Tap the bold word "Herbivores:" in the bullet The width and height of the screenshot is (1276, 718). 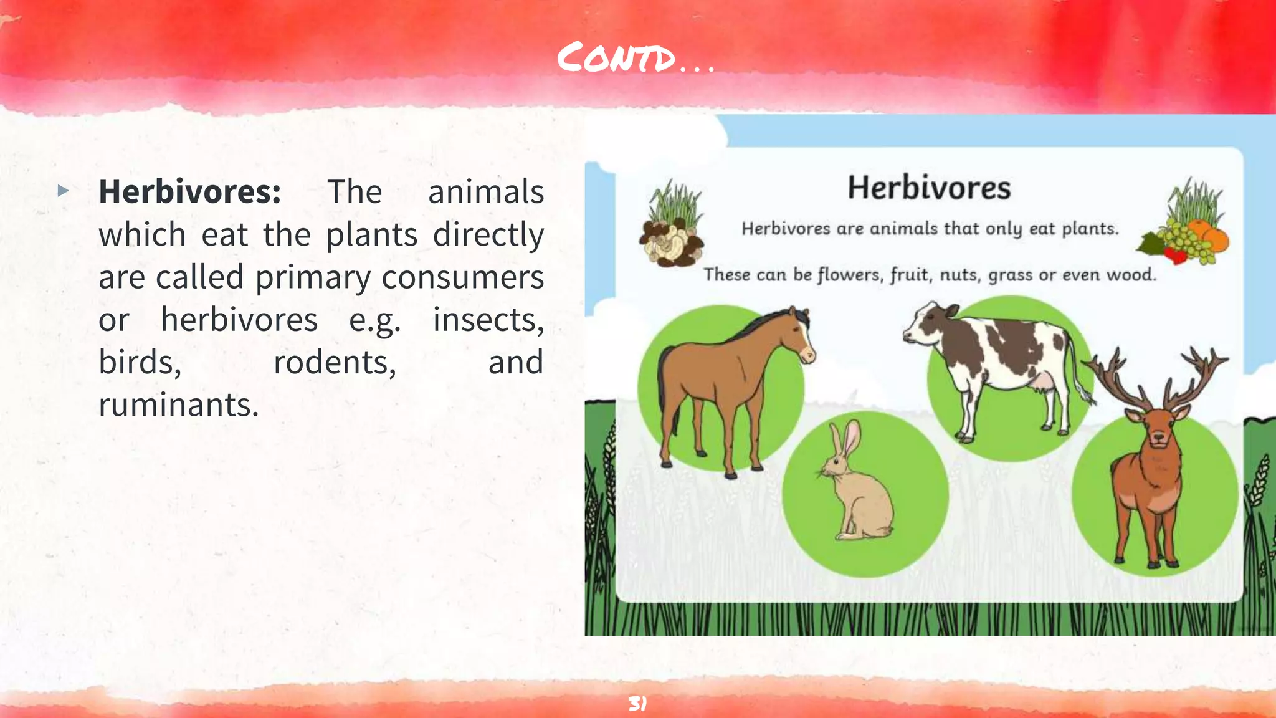[190, 191]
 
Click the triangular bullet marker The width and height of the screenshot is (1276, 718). [63, 191]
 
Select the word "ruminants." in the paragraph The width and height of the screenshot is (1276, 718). [179, 404]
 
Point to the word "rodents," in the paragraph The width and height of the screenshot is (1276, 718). [335, 362]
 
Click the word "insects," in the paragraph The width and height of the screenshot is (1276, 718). [488, 320]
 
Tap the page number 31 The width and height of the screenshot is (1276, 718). [637, 704]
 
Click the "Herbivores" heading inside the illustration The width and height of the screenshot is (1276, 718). [929, 188]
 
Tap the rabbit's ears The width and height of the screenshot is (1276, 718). [845, 438]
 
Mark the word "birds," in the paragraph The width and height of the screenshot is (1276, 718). [140, 362]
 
